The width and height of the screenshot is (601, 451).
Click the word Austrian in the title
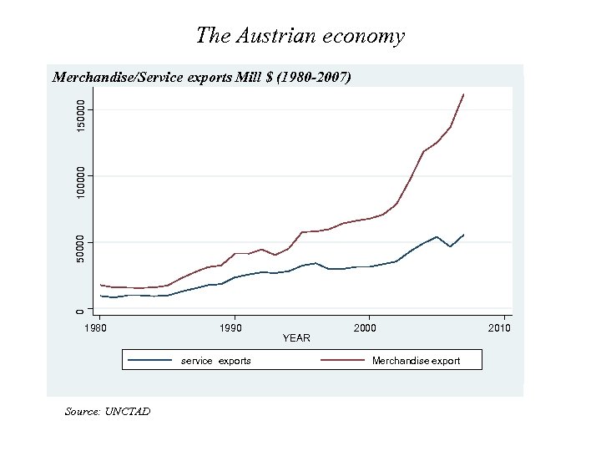click(x=275, y=36)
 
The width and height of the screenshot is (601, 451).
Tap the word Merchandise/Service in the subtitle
click(x=116, y=78)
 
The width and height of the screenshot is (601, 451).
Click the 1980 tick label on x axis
click(x=99, y=328)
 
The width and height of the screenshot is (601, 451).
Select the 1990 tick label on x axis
click(x=231, y=328)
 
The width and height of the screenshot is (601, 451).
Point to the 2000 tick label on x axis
click(x=365, y=328)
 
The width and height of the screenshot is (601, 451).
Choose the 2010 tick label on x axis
click(x=498, y=328)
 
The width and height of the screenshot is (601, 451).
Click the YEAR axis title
click(x=296, y=338)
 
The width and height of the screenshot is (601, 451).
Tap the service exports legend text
click(x=216, y=361)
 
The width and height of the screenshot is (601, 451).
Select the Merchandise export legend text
click(x=416, y=361)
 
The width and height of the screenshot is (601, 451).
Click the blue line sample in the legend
click(x=150, y=361)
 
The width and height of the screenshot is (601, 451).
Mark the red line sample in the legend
click(x=344, y=361)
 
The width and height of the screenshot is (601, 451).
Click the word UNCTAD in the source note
click(x=128, y=411)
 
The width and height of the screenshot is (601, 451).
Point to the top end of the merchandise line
click(x=464, y=94)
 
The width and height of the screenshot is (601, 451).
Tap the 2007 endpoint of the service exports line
click(x=464, y=235)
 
